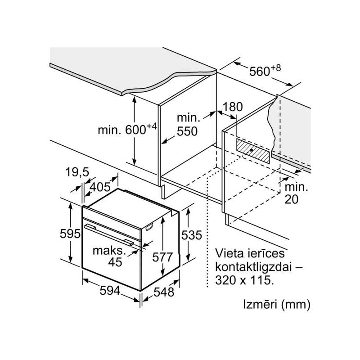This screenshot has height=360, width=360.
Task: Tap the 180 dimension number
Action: coord(232,107)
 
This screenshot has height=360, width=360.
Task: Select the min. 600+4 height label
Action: coord(127,130)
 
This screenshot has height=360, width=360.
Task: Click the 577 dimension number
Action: coord(162,257)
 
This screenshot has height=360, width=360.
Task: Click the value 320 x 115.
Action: coord(244,280)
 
